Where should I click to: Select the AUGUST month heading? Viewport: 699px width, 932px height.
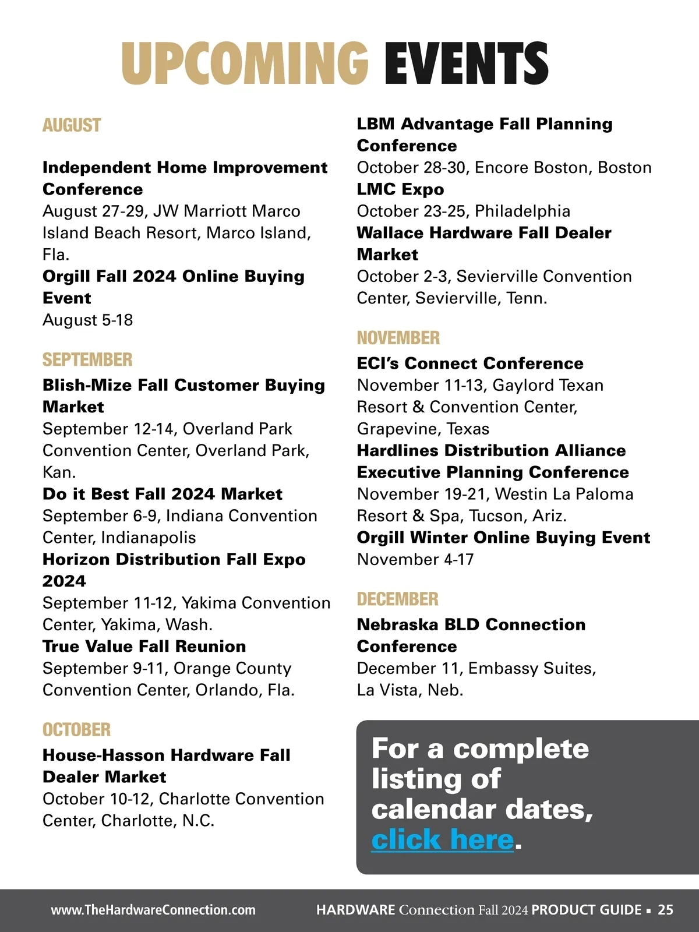(x=72, y=125)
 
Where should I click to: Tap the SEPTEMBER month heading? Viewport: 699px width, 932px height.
(x=87, y=359)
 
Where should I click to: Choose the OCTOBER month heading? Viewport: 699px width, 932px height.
(x=76, y=729)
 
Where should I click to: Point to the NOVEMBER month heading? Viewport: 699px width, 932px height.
(x=398, y=338)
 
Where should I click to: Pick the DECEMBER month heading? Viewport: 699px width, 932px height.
(x=398, y=599)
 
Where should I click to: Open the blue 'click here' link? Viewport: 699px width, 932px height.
(x=443, y=839)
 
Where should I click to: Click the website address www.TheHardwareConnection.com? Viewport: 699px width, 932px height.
(x=153, y=910)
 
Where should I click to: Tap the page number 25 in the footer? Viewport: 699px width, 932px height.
(x=665, y=910)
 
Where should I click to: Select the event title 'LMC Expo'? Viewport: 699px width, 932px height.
(x=400, y=189)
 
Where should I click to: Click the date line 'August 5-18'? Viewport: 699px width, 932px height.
(x=87, y=320)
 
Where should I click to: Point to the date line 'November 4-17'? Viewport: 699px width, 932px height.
(x=415, y=559)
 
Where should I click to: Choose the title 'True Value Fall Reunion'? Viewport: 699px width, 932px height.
(x=144, y=646)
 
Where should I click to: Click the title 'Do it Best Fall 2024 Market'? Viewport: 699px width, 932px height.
(x=162, y=494)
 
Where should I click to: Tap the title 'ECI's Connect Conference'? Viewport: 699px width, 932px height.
(x=470, y=363)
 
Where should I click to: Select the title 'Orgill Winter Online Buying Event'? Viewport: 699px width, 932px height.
(x=503, y=537)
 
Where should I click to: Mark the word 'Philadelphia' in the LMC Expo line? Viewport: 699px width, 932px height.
(x=523, y=211)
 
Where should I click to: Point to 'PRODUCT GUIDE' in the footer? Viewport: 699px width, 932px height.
(x=586, y=910)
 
